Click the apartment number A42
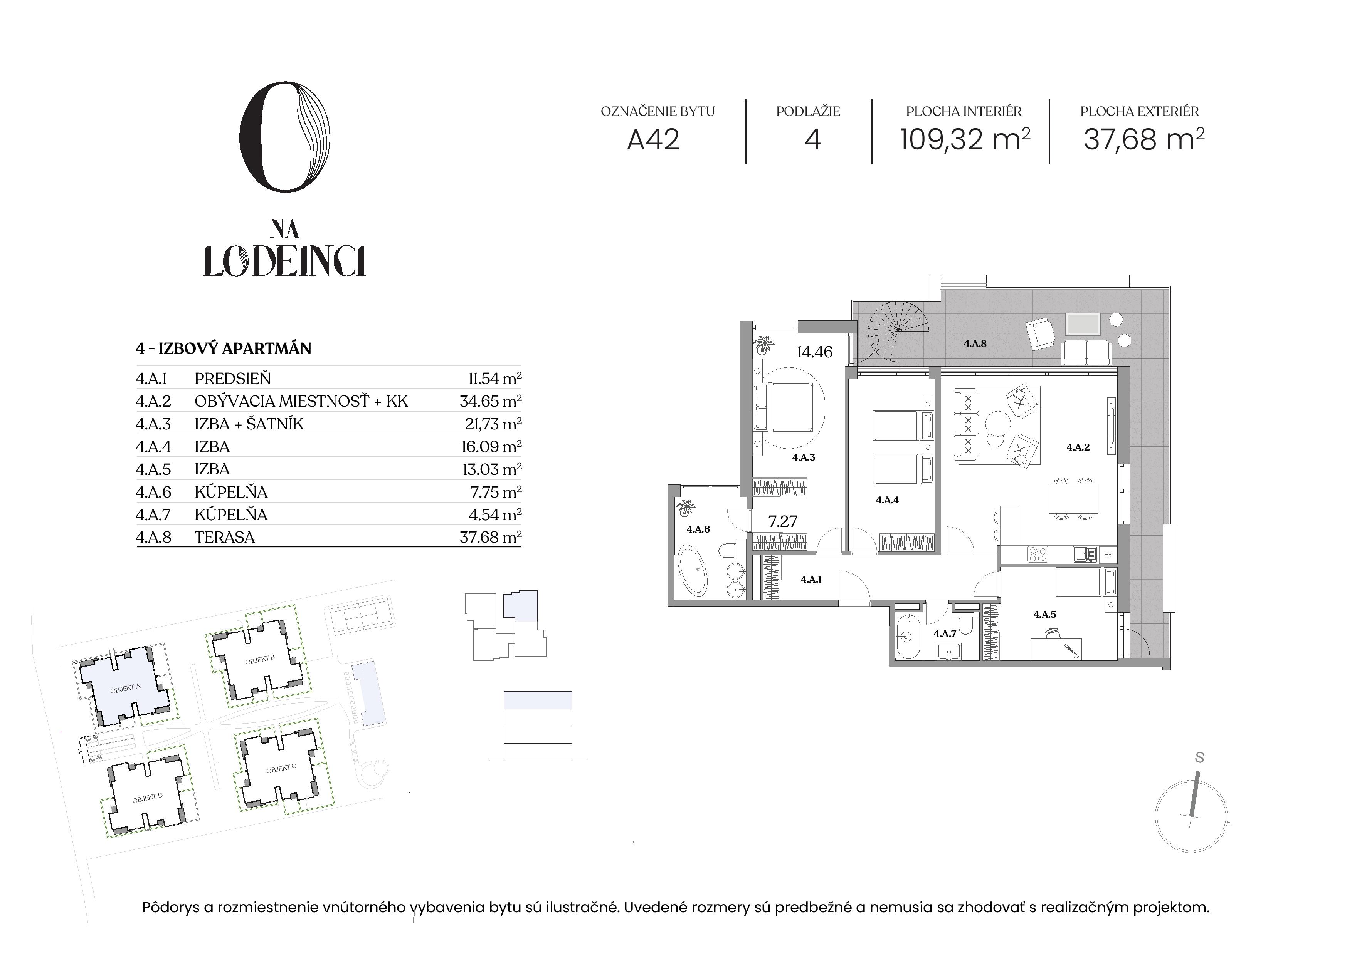point(653,140)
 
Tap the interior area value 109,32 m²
point(965,139)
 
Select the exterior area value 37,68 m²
point(1143,139)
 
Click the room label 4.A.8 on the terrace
point(975,343)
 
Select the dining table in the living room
point(1073,498)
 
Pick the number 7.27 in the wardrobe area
point(783,521)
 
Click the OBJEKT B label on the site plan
point(260,659)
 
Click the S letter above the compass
point(1199,758)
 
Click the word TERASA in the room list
point(225,537)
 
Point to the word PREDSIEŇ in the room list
point(233,379)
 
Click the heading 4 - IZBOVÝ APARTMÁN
point(223,348)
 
